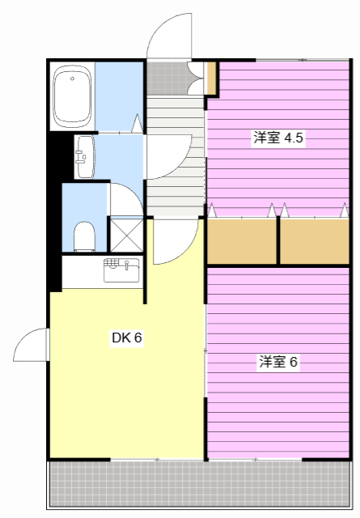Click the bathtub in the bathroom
(x=73, y=97)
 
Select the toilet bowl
(x=83, y=236)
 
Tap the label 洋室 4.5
(x=277, y=138)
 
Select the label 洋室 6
(x=278, y=362)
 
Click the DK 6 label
(x=127, y=338)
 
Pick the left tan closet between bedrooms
(x=242, y=240)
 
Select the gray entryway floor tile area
(x=166, y=77)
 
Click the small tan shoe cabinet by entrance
(x=210, y=78)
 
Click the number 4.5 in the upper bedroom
(x=293, y=138)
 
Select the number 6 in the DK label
(x=138, y=338)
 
